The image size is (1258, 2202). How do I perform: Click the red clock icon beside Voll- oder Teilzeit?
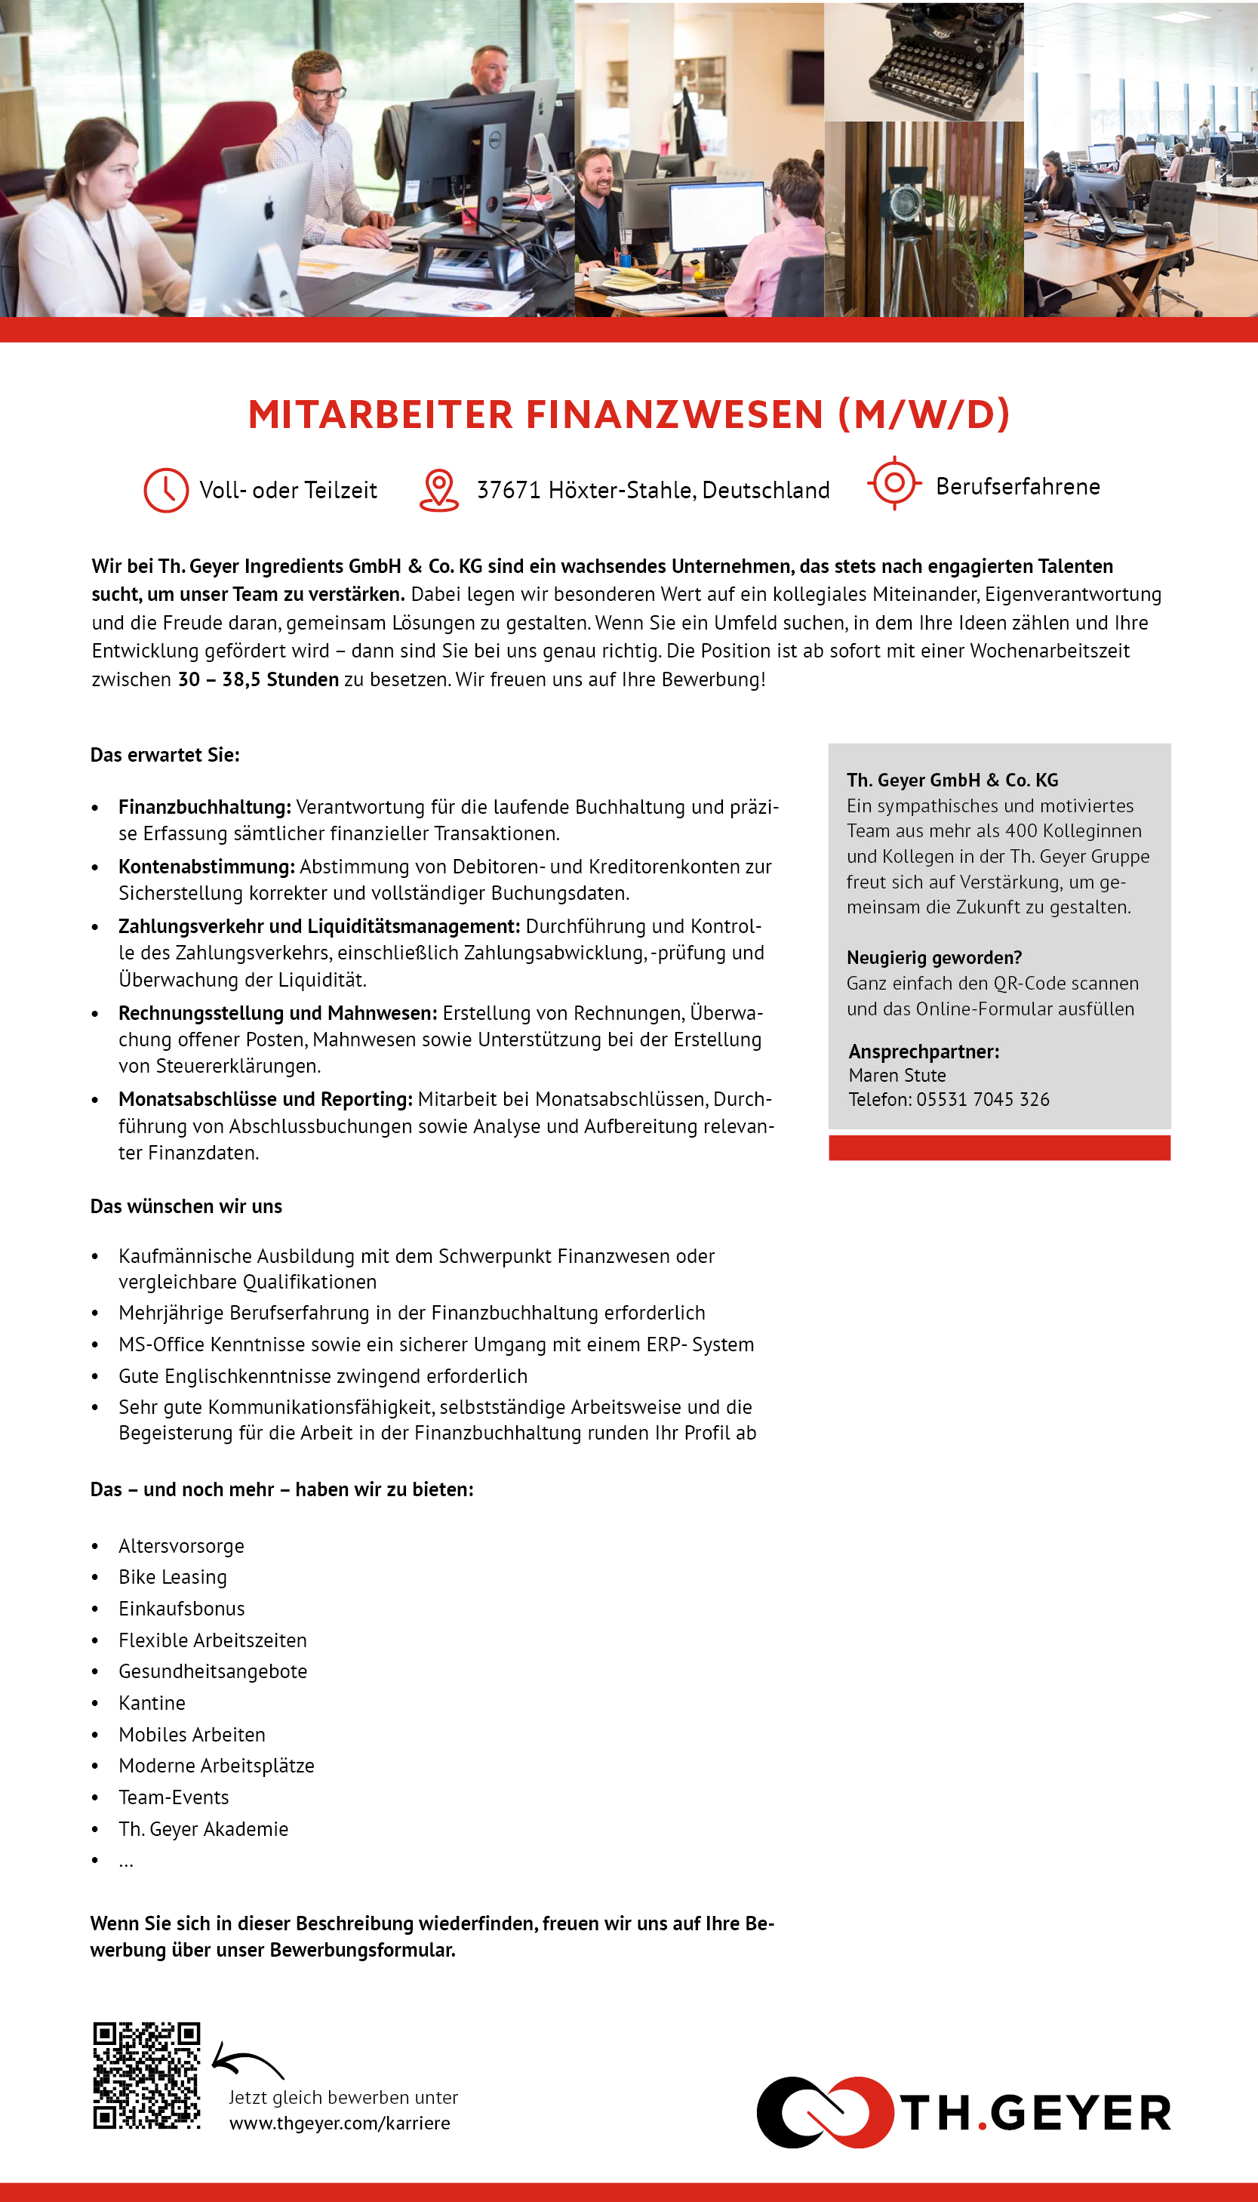(166, 490)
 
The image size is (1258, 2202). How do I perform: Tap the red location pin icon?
(439, 489)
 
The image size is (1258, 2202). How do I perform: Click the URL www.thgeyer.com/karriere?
(340, 2123)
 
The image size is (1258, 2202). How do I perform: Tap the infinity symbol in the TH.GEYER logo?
(824, 2112)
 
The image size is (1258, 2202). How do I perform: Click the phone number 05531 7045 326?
(983, 1099)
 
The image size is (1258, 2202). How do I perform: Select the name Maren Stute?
(897, 1075)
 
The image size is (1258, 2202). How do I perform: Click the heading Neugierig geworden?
(934, 957)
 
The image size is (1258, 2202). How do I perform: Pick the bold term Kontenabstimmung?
(207, 866)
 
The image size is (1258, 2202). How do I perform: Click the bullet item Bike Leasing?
(173, 1577)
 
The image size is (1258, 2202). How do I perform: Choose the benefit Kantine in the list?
(152, 1702)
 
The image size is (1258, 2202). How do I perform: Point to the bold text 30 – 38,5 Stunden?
(258, 679)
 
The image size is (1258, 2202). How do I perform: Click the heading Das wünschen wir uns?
(186, 1206)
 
